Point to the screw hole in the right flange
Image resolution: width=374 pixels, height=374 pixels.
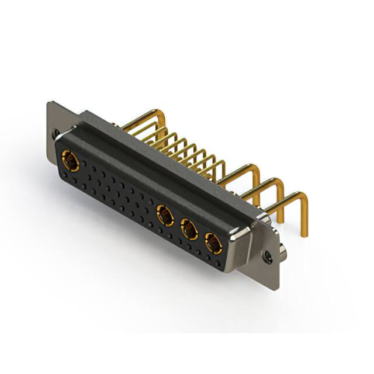click(x=268, y=255)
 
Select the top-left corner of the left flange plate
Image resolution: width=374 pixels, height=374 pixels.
click(x=49, y=103)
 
